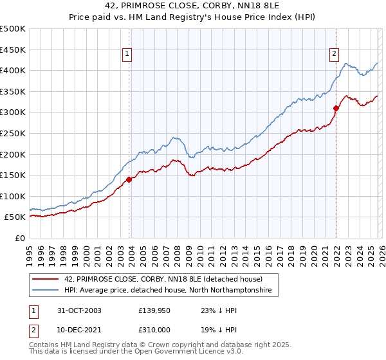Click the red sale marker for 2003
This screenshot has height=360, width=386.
[x=129, y=179]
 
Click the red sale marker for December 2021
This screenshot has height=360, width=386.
[x=335, y=108]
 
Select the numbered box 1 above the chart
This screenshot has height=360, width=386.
[x=128, y=55]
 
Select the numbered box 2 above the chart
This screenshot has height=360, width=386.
[x=335, y=55]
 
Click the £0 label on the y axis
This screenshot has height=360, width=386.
[x=19, y=238]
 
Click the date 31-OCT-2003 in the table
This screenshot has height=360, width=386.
[x=77, y=310]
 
